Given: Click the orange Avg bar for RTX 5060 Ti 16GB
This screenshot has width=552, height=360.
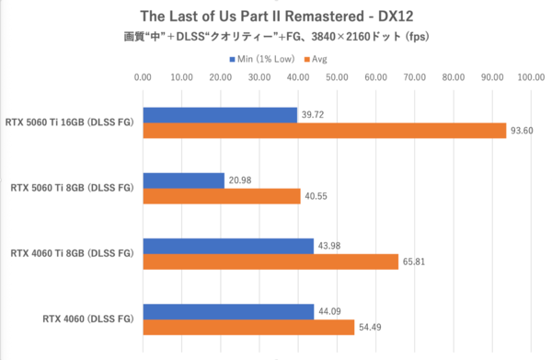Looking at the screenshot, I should (324, 131).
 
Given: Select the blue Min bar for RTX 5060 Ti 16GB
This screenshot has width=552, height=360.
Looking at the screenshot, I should (220, 115).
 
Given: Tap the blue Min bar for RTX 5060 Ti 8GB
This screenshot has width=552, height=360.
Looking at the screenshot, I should (183, 180).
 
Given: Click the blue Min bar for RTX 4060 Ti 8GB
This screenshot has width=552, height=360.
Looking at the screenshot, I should (228, 245).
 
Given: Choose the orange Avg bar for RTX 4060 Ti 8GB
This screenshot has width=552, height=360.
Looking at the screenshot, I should (270, 261).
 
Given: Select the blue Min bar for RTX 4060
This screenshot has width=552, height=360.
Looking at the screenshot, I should (228, 311).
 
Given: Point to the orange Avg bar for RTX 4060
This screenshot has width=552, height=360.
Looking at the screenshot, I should (248, 327).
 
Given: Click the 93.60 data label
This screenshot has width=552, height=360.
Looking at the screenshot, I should (521, 131).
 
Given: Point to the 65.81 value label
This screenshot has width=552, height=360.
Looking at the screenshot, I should (413, 261).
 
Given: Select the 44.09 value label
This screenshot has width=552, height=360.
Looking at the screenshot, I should (329, 311).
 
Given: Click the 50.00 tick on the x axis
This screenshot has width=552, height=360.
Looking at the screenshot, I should (337, 78).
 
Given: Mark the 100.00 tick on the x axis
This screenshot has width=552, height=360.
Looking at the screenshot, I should (531, 78).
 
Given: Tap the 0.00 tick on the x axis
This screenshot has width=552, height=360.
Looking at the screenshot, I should (143, 78).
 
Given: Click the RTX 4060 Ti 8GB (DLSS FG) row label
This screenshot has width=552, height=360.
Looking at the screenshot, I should (72, 253).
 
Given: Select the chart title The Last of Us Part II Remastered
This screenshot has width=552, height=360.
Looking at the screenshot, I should (276, 16).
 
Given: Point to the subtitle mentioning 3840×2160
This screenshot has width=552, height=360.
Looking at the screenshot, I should (276, 37).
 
